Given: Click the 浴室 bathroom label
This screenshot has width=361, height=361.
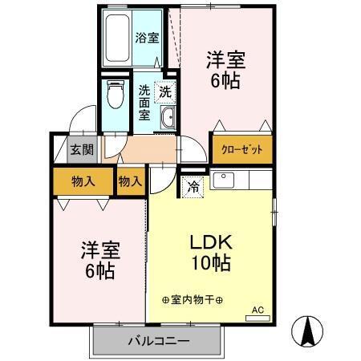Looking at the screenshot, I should [146, 37].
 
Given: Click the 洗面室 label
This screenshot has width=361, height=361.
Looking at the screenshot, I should [145, 102].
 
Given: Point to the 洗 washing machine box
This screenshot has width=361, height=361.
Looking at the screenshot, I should [164, 92].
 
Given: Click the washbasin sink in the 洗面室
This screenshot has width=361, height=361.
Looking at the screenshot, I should [168, 119].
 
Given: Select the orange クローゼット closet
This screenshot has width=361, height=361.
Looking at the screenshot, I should [241, 149].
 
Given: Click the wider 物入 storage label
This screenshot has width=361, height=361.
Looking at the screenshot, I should [83, 181].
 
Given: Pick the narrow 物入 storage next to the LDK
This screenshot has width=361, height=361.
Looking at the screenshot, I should [130, 181].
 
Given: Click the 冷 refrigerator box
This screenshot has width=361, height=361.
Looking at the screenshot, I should [193, 186].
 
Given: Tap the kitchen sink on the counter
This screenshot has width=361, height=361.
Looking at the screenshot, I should [225, 179].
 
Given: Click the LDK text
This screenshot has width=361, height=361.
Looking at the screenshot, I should [211, 241].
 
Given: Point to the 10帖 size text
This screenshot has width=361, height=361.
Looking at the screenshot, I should [211, 263].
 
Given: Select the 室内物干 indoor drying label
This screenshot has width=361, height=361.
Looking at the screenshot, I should [192, 299].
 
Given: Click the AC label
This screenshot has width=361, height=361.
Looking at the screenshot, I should [258, 309].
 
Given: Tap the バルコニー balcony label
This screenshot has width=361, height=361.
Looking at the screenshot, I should [157, 342].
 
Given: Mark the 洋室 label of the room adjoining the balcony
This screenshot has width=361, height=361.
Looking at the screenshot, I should [99, 249].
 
